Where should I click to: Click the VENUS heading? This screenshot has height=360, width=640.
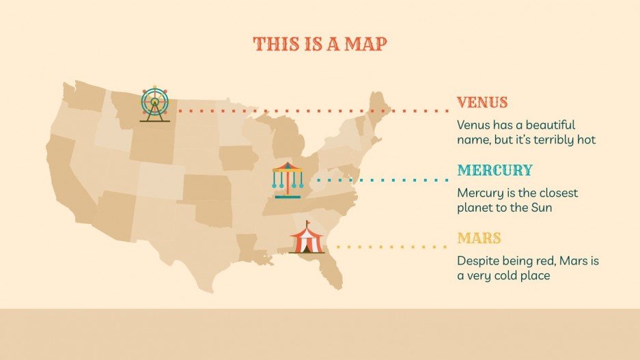point(482,103)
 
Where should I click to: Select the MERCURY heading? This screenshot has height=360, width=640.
point(495,171)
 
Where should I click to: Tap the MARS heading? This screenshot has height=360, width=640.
point(479,239)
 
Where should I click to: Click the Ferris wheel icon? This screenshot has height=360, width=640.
point(155,104)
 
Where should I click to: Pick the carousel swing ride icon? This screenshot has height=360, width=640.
point(286,178)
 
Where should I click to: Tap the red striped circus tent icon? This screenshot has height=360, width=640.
point(306,239)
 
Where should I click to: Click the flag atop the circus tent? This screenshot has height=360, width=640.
point(308,223)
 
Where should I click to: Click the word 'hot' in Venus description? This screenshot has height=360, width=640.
point(587,140)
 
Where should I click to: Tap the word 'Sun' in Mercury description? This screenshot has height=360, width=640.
point(541,208)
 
